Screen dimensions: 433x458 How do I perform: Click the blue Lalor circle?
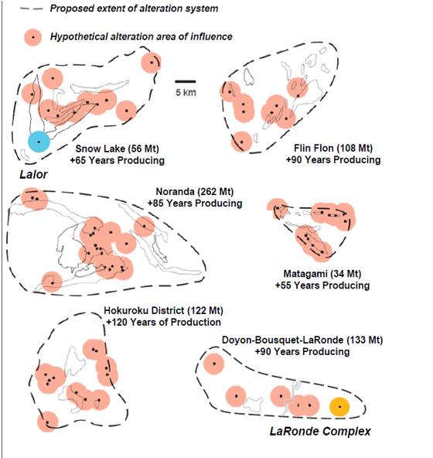[39, 142]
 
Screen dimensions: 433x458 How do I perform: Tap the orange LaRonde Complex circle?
[339, 407]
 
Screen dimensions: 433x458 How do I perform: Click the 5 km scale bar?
[186, 81]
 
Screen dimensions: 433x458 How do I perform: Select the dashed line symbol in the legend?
[31, 9]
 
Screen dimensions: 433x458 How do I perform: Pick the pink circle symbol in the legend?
[32, 37]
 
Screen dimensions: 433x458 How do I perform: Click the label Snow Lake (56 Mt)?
[117, 149]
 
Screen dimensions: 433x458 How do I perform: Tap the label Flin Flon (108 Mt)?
[333, 148]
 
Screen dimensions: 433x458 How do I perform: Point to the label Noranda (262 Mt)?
[195, 192]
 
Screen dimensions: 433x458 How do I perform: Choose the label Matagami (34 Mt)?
[322, 274]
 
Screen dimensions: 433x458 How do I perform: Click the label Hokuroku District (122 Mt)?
[163, 310]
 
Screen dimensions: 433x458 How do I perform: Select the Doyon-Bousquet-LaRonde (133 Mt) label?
[302, 340]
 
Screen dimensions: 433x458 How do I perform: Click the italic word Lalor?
[33, 175]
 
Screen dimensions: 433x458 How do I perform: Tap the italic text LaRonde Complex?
[320, 432]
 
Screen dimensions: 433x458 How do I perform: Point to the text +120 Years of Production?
[163, 322]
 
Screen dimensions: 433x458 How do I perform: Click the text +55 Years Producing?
[322, 285]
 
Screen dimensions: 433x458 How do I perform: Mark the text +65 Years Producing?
[117, 160]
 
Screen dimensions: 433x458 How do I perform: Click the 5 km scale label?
[186, 93]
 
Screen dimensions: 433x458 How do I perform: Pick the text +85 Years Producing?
[195, 203]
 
